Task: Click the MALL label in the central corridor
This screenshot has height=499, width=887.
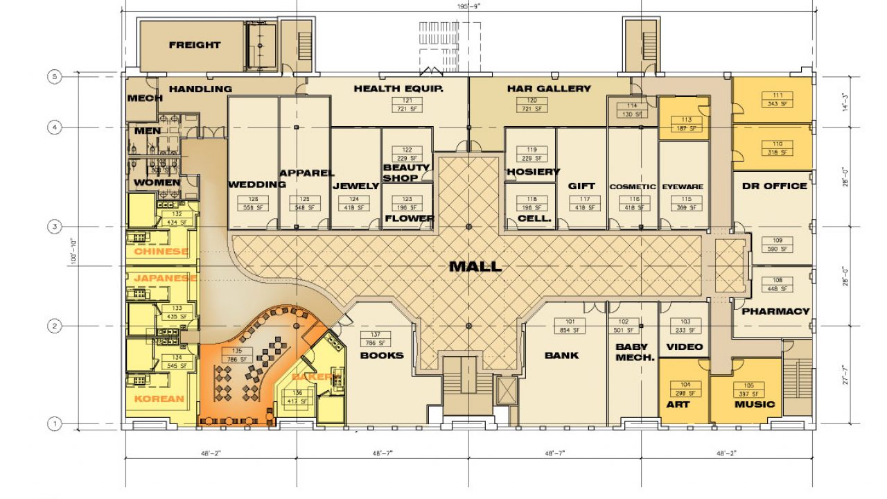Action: pos(475,266)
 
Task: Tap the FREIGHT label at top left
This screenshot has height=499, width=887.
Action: pos(195,45)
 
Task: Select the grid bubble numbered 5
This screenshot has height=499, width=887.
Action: pos(55,77)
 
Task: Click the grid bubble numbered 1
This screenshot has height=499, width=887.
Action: pos(55,423)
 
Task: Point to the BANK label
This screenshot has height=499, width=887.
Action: pos(561,356)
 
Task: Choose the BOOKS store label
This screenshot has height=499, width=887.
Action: pos(381,356)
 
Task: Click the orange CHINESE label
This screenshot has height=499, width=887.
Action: pos(161,252)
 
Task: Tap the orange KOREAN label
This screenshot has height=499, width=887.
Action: pos(159,399)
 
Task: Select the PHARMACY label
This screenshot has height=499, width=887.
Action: pos(775,311)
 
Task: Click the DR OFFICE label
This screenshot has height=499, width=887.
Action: pos(774,186)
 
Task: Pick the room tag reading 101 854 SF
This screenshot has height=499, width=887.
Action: pos(570,326)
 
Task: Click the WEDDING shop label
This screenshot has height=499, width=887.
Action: pos(257,184)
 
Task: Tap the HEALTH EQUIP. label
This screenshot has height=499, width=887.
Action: pos(398,89)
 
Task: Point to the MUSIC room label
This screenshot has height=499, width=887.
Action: pos(755,404)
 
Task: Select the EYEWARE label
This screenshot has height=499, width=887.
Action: pos(683,187)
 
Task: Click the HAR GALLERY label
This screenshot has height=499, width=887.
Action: pos(549,89)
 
